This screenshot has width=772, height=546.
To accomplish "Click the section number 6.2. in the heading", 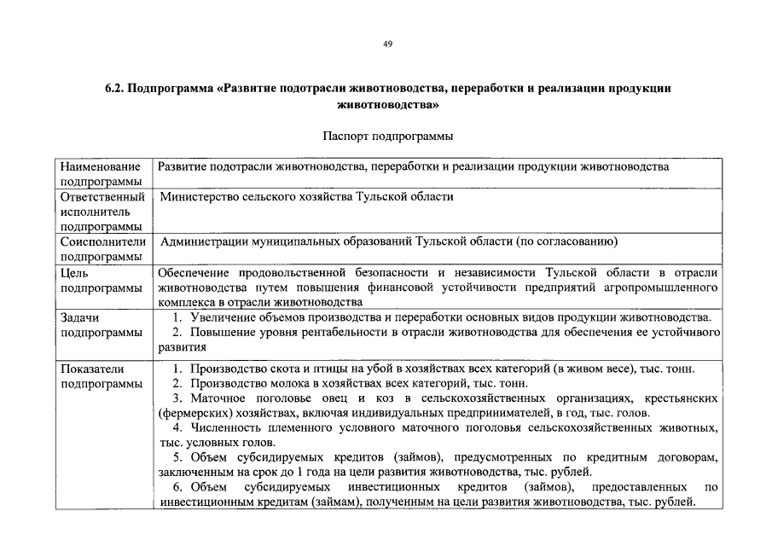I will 115,90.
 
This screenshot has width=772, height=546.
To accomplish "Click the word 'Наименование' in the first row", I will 100,167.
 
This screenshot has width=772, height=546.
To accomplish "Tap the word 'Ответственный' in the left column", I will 102,197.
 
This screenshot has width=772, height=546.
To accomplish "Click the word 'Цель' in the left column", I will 73,273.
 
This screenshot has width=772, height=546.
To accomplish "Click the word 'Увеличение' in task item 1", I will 222,317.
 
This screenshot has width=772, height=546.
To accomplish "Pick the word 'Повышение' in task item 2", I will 219,333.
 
